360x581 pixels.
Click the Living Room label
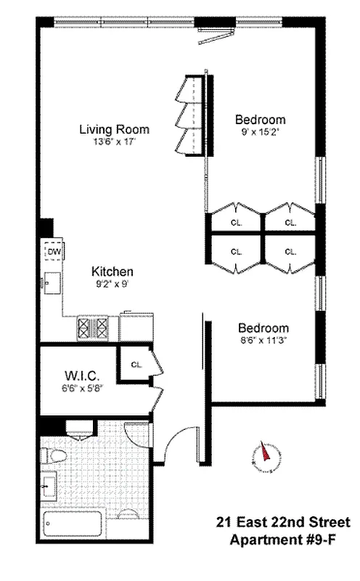(x=114, y=130)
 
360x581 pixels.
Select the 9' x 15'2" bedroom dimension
(x=260, y=132)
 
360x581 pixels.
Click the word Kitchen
(x=112, y=272)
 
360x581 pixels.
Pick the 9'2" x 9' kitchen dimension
(x=112, y=284)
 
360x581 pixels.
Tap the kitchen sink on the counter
(x=52, y=282)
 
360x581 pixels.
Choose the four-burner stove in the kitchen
(x=93, y=328)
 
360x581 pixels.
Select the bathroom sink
(x=49, y=484)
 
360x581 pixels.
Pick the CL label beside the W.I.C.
(x=136, y=364)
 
